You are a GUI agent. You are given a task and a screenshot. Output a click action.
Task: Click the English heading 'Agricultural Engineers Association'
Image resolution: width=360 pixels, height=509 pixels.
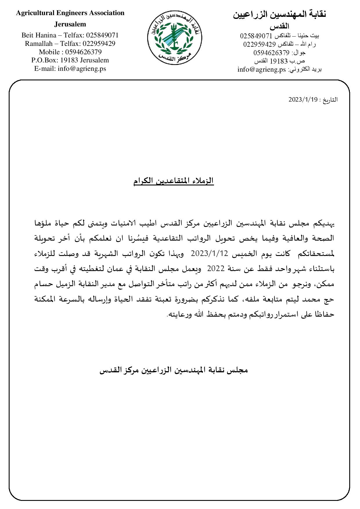point(70,13)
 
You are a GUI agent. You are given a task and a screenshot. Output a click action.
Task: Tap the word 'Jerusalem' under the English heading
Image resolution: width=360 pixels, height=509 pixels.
point(70,24)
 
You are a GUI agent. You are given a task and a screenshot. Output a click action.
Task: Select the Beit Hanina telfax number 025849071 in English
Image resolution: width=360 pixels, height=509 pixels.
point(102,35)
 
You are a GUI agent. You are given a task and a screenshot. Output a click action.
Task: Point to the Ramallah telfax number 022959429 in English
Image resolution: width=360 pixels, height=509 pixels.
point(99,44)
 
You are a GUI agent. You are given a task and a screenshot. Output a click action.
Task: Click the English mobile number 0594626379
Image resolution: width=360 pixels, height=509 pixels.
point(83,52)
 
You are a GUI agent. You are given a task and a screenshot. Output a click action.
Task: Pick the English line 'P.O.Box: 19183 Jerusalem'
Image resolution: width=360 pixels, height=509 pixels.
point(70,60)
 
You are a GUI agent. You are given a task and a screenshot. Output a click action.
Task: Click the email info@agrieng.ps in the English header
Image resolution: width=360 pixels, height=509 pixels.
point(82,69)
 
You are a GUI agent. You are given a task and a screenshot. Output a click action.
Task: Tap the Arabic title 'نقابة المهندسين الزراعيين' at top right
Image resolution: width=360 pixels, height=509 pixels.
point(280,15)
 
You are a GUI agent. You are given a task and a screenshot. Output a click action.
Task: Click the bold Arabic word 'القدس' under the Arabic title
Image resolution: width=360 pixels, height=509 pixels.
point(280,26)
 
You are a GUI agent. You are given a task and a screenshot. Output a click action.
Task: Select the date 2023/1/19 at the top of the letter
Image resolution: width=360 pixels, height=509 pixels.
point(303,100)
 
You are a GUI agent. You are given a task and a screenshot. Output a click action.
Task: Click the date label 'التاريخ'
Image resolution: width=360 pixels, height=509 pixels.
point(330,100)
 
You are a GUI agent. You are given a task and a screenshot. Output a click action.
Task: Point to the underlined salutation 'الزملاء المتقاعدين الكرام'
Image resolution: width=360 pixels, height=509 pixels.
point(174,181)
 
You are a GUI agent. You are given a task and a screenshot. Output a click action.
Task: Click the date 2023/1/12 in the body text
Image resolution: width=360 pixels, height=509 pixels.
point(209,254)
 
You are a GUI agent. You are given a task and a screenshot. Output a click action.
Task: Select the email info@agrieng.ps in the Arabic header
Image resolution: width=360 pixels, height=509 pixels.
point(262,70)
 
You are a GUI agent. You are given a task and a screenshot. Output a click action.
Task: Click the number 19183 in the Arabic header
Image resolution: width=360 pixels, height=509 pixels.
point(278,61)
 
